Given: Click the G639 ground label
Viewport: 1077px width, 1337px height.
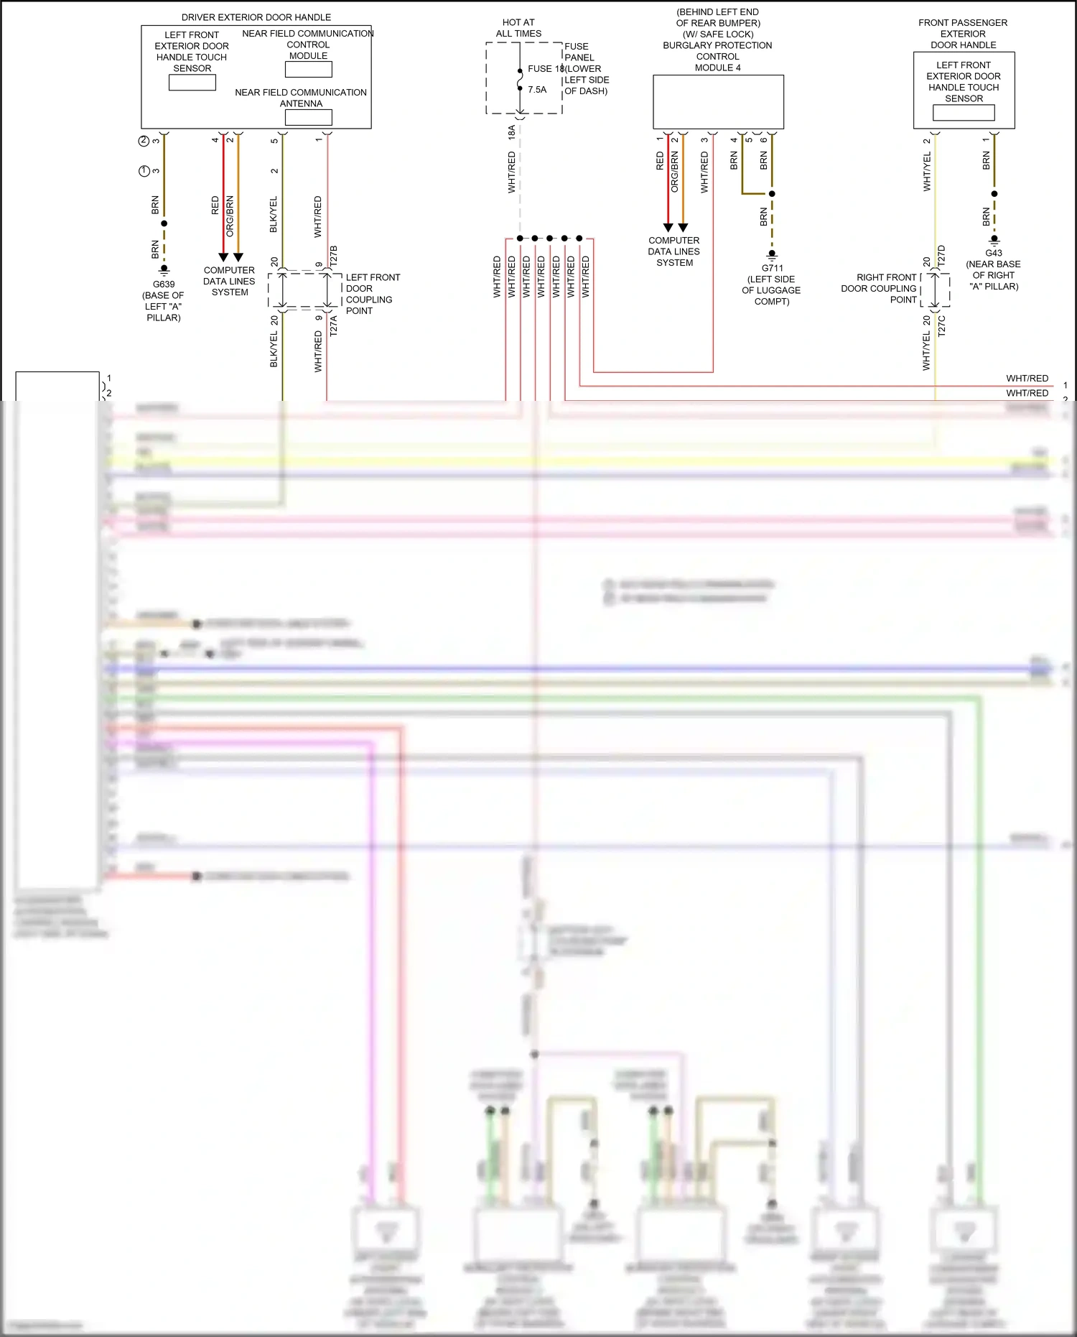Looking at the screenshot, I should pos(164,284).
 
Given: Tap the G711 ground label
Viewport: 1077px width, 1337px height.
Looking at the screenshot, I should pos(773,268).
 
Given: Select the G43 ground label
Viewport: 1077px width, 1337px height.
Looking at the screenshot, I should pos(994,253).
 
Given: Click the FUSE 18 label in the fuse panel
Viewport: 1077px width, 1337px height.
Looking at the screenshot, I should pos(545,69).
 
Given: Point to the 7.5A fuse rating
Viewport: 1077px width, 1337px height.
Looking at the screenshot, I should pos(537,90).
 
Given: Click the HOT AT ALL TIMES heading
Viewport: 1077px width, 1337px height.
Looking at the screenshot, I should pos(518,28).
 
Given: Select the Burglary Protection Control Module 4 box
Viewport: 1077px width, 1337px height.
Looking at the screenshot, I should pos(718,102).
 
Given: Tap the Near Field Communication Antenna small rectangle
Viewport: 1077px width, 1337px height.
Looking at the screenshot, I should pos(309,117).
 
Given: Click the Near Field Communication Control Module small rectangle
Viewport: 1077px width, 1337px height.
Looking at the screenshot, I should pos(309,70).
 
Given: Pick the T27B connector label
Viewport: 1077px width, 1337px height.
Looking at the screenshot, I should pos(334,256).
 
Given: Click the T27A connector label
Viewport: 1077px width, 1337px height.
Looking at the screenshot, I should pos(334,325).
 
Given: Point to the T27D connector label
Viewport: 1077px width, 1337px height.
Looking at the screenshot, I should pos(942,256).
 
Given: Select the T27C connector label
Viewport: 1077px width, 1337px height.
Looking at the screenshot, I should pos(942,325).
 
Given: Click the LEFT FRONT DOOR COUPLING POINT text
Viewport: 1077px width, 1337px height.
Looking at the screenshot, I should pos(372,294).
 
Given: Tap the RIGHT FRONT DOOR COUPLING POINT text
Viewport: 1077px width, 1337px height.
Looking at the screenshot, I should pos(880,288).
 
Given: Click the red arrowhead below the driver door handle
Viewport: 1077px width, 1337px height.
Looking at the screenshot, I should pos(223,257).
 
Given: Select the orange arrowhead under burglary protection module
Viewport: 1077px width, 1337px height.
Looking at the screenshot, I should pos(683,228).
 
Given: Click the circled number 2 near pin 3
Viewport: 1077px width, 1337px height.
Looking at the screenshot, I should pos(144,141).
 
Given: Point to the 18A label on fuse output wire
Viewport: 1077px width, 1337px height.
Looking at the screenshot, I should pos(512,131).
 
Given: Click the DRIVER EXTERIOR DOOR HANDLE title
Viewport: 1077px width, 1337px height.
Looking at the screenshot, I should pos(256,17).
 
